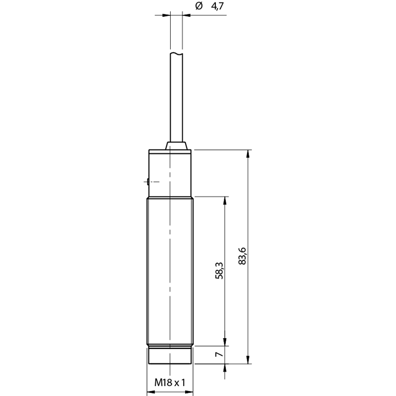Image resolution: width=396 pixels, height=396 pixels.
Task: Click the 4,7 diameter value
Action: click(x=217, y=6)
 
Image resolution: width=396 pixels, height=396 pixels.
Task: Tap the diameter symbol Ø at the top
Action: click(x=199, y=5)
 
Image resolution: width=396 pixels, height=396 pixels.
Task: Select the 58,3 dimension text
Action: click(x=219, y=270)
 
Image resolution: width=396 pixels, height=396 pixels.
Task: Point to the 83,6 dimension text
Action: click(x=242, y=256)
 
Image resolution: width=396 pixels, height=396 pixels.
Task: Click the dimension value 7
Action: click(x=219, y=354)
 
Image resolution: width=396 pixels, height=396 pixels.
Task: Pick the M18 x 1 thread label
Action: click(x=170, y=382)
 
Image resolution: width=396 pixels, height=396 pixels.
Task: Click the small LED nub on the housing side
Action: click(x=147, y=182)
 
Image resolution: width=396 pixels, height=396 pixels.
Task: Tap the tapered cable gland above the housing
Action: click(x=176, y=146)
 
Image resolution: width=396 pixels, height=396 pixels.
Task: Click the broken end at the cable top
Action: click(x=176, y=53)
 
